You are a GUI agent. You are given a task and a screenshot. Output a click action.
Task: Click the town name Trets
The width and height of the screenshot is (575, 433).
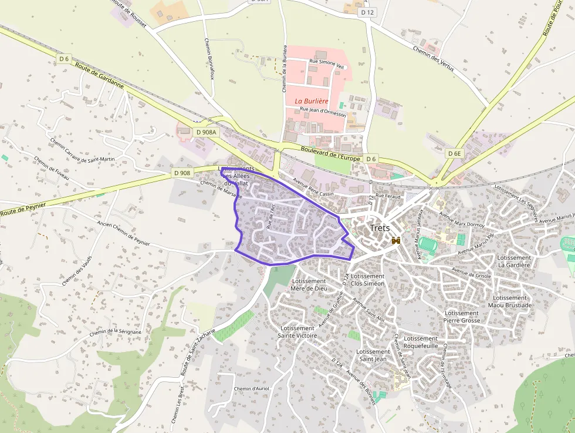380,228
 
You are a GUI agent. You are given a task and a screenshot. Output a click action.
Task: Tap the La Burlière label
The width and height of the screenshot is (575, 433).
311,100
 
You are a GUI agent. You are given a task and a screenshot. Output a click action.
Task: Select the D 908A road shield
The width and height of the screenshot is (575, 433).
205,133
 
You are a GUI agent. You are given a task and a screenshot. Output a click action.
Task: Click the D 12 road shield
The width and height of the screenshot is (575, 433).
367,12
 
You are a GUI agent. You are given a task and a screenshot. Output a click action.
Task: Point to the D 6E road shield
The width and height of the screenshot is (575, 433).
455,153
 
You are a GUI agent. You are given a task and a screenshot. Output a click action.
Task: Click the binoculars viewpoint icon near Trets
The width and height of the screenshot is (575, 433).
396,240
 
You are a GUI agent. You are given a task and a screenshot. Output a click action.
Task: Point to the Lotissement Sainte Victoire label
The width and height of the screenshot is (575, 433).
299,332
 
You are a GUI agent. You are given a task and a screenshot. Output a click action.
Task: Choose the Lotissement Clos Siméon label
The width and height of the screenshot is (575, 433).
367,280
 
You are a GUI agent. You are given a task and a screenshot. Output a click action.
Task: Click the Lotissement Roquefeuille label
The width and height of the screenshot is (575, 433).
421,343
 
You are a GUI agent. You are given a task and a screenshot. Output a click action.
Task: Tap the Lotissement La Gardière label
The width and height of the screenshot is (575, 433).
513,261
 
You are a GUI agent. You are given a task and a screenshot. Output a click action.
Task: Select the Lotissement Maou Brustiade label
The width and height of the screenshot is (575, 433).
510,301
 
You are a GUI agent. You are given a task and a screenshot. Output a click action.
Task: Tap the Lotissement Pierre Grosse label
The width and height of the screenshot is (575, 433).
462,317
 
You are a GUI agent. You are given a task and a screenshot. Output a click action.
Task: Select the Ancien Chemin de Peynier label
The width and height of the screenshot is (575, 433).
123,233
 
